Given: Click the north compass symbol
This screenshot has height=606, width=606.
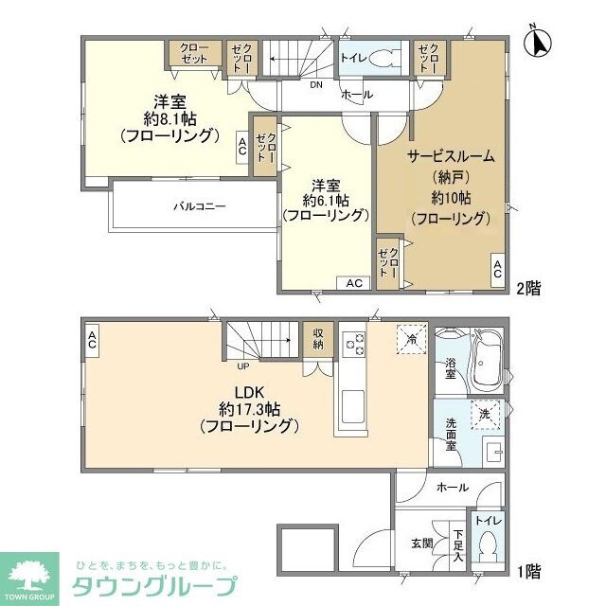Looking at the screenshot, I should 540,43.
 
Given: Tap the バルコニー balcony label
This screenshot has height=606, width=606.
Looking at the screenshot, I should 199,205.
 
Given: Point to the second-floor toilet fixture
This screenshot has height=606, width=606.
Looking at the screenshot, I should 383,59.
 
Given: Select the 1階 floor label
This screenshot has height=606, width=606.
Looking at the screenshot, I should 528,572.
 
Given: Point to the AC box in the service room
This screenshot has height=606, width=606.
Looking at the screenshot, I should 496,269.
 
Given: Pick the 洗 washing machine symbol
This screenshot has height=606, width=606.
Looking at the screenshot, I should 485,414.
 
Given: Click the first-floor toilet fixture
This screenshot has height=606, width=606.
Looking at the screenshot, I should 489,546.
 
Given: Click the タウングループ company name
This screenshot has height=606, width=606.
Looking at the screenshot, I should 155,585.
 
